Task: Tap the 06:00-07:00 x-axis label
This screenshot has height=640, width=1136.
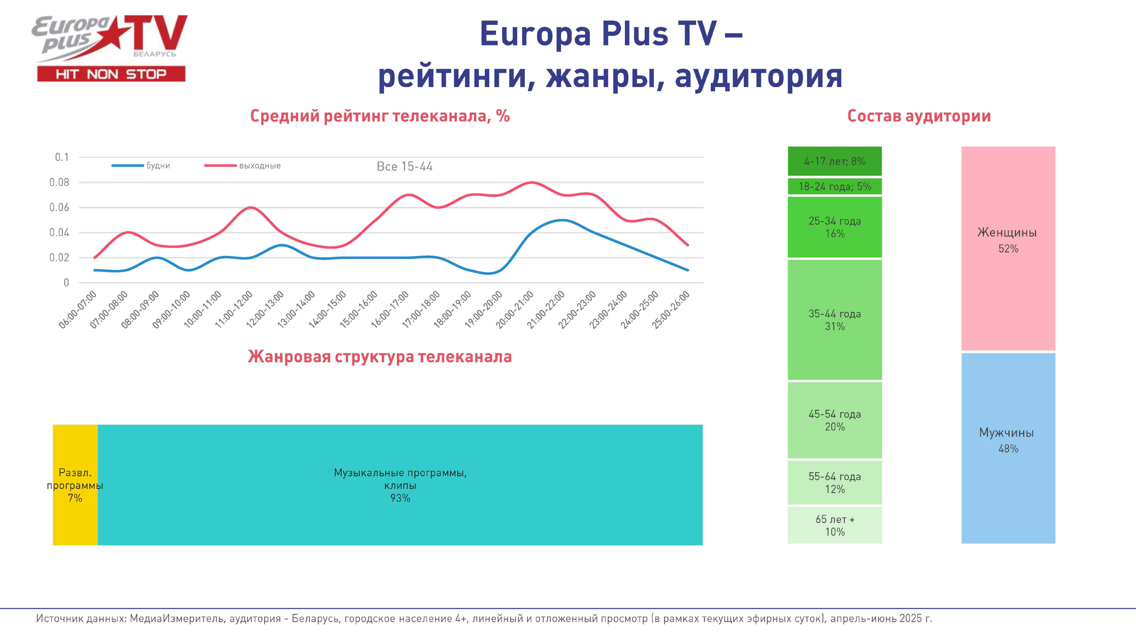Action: point(78,309)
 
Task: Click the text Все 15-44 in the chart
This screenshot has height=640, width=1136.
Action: point(405,167)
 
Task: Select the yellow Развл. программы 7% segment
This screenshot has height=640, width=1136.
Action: point(75,485)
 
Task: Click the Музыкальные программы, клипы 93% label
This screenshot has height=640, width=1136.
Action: point(400,485)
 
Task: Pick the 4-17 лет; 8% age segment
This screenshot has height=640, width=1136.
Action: point(834,161)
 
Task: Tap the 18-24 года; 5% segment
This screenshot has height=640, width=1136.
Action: point(834,186)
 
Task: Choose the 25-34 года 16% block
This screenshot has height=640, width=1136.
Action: point(834,227)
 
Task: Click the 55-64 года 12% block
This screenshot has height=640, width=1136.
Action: point(834,483)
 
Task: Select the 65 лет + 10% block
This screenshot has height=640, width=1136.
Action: point(834,526)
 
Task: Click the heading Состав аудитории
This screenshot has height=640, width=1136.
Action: point(919,116)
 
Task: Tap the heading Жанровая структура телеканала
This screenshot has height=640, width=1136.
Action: point(380,356)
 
